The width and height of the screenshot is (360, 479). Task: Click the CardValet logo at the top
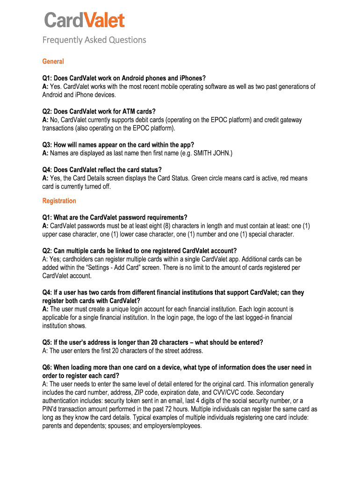coord(85,21)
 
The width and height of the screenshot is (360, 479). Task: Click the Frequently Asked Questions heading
coord(94,40)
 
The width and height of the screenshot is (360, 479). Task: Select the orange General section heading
coord(53,62)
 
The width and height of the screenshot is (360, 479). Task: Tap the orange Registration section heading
coord(59,201)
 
